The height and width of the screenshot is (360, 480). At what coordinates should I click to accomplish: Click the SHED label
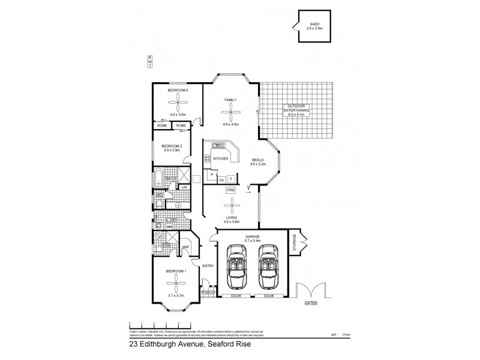[x=314, y=25]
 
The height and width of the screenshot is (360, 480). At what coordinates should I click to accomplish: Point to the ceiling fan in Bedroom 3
[x=178, y=102]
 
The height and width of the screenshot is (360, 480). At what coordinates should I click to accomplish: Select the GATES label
[x=311, y=304]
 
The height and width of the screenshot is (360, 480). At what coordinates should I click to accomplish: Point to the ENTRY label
[x=208, y=265]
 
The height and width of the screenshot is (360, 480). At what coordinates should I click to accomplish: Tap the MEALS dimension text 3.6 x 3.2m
[x=259, y=163]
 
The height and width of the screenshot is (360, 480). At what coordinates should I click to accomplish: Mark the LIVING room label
[x=231, y=217]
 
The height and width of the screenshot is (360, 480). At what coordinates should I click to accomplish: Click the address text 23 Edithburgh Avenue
[x=166, y=345]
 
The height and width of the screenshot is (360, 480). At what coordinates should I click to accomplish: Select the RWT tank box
[x=149, y=62]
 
